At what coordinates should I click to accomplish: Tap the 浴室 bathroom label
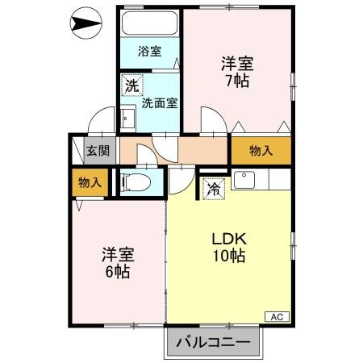tap(149, 52)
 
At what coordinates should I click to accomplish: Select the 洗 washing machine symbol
tap(131, 84)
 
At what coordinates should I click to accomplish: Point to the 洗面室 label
tap(160, 102)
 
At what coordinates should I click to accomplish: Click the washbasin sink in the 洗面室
tap(128, 119)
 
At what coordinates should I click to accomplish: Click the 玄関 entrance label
tap(98, 151)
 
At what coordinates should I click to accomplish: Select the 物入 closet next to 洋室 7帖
tap(260, 151)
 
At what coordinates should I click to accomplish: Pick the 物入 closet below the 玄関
tap(90, 182)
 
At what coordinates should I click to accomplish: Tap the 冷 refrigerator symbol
tap(214, 190)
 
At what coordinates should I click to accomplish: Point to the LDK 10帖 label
tap(228, 248)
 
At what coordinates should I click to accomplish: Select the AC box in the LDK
tap(275, 315)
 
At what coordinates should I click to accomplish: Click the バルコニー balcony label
tap(214, 343)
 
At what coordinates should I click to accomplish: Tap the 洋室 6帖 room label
tap(117, 263)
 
